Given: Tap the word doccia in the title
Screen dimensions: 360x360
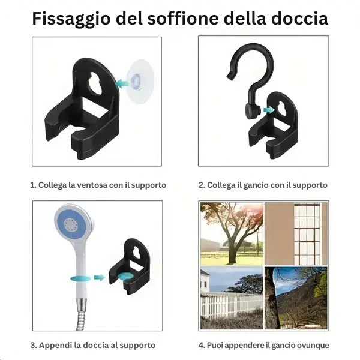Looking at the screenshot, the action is [299, 19].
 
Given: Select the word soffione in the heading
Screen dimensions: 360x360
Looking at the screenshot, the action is [183, 18].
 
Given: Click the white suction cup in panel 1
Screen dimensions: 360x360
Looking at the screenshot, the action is [139, 82].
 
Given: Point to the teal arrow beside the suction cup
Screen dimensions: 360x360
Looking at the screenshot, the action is [122, 83].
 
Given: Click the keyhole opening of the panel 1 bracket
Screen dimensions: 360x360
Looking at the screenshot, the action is [96, 83].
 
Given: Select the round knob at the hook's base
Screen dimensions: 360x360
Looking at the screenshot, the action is [253, 111].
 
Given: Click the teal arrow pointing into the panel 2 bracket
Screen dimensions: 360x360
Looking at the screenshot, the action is [269, 110].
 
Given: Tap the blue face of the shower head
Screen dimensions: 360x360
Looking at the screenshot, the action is [72, 224].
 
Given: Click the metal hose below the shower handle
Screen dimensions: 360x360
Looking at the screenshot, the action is [81, 314].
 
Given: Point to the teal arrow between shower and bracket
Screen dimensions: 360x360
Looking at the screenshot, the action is [100, 277].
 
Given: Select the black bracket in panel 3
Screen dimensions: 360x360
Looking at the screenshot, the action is [130, 266].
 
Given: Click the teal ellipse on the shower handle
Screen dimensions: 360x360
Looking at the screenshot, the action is [80, 279].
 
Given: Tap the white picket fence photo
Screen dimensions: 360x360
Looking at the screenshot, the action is [232, 298].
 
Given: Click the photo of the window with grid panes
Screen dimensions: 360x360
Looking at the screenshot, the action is [296, 233].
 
